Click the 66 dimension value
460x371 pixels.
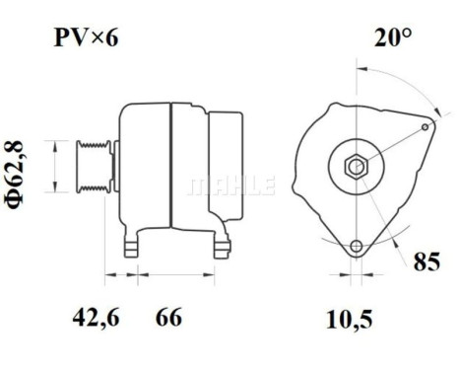[x=169, y=318]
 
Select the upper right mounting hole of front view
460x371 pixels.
[x=425, y=126]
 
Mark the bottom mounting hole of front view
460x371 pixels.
[x=355, y=245]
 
